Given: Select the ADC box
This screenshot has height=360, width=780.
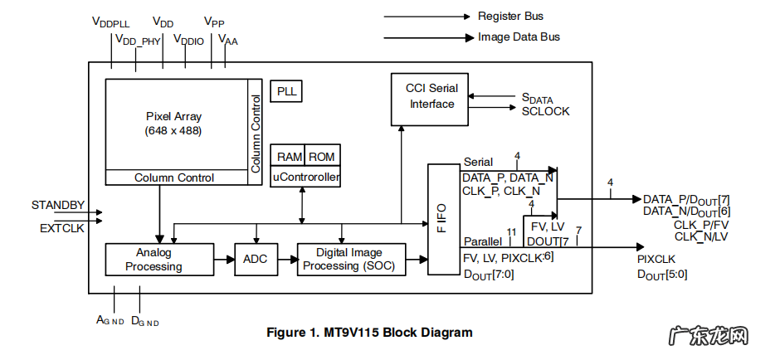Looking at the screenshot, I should pyautogui.click(x=255, y=260).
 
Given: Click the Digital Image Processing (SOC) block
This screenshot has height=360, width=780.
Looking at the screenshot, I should pyautogui.click(x=350, y=260).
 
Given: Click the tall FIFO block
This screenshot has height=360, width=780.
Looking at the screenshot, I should pyautogui.click(x=442, y=219).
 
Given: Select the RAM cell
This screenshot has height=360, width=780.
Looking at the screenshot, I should pyautogui.click(x=290, y=157).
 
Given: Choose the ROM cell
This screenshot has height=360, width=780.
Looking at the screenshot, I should pyautogui.click(x=322, y=157).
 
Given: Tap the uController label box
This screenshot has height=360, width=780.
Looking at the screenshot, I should pyautogui.click(x=305, y=176).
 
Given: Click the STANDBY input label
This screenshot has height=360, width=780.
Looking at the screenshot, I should pyautogui.click(x=58, y=205).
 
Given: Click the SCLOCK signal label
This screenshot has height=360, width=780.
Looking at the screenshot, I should pyautogui.click(x=545, y=111).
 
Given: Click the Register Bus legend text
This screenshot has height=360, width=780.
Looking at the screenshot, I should pyautogui.click(x=510, y=16).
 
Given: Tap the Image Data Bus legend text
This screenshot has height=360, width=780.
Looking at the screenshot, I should pyautogui.click(x=519, y=37).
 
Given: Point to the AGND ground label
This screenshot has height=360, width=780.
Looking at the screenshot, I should pyautogui.click(x=110, y=320).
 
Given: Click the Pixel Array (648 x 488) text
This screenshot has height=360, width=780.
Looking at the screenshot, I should pyautogui.click(x=173, y=124).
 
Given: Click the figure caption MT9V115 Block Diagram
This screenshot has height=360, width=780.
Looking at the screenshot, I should pyautogui.click(x=369, y=333).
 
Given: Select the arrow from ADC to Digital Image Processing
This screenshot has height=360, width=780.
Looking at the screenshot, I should pyautogui.click(x=285, y=260).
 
